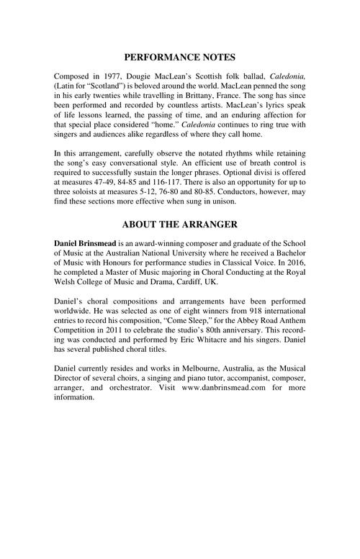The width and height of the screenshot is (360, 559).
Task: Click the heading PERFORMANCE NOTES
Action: [x=179, y=57]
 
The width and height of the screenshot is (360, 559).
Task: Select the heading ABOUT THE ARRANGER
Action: [x=179, y=224]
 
